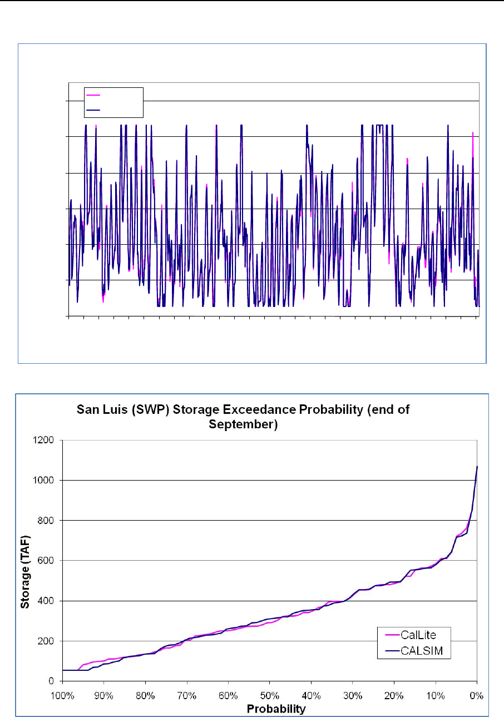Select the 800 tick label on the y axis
(x=47, y=520)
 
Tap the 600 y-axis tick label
(x=47, y=560)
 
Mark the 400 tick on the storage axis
(x=47, y=601)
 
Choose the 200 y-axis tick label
(x=47, y=641)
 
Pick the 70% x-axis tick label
(x=186, y=696)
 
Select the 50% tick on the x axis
(x=269, y=696)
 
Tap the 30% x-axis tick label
(x=352, y=696)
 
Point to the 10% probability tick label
(x=435, y=696)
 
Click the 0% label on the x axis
(x=476, y=696)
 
